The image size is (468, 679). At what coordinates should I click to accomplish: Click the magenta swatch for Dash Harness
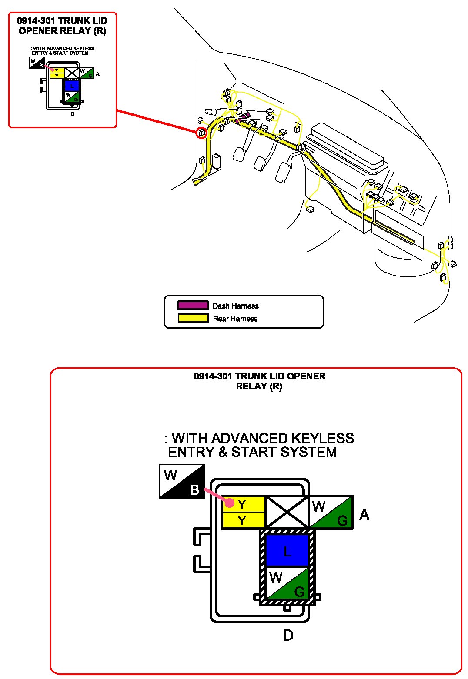[x=193, y=305]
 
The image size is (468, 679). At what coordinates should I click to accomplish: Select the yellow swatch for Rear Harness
[x=193, y=318]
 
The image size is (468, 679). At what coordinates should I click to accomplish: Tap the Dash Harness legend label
[x=235, y=306]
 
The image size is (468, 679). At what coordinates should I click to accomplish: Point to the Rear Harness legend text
[x=235, y=319]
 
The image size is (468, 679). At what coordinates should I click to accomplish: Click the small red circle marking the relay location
[x=201, y=133]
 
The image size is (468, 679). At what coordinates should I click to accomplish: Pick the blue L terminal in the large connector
[x=287, y=550]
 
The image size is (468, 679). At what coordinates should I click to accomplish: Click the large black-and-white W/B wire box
[x=182, y=481]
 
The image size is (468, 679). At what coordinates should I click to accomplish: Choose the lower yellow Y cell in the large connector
[x=243, y=520]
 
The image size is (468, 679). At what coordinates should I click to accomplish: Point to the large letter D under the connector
[x=288, y=636]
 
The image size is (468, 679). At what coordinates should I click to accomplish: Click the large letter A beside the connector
[x=364, y=515]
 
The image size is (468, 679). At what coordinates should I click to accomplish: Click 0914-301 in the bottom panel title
[x=213, y=376]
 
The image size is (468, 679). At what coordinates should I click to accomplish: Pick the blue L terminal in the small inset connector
[x=72, y=85]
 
